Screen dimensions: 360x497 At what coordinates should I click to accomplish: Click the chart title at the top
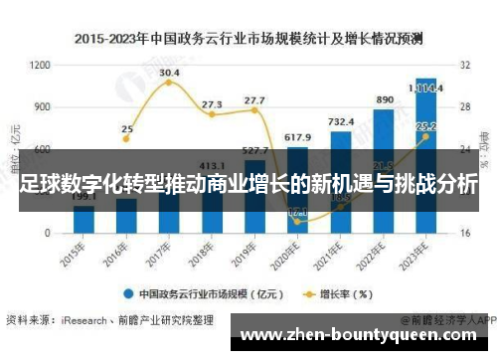pos(248,40)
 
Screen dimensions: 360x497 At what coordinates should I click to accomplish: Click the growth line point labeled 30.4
pos(169,83)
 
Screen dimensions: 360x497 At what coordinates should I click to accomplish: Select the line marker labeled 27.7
pos(254,110)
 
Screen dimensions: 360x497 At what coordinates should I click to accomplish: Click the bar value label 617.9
pos(298,136)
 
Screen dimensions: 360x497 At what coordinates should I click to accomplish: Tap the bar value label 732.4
pos(341,120)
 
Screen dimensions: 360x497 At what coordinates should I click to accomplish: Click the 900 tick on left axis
pos(42,106)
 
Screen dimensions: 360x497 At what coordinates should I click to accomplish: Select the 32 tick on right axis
pos(464,65)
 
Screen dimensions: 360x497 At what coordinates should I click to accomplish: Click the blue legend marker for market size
pos(129,294)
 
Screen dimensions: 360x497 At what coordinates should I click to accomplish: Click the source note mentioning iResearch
pos(109,320)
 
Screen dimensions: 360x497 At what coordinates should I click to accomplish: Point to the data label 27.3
pos(212,103)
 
